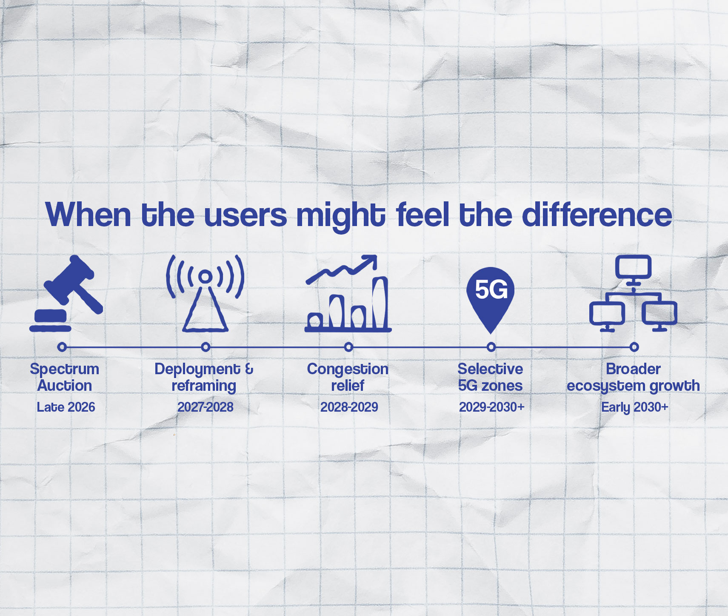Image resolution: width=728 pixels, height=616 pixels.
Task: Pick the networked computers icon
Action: pyautogui.click(x=633, y=294)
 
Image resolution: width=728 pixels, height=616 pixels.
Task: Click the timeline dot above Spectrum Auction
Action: pyautogui.click(x=62, y=347)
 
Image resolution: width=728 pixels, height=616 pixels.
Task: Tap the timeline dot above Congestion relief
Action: pyautogui.click(x=348, y=347)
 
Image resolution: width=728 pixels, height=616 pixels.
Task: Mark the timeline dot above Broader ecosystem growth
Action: pyautogui.click(x=634, y=347)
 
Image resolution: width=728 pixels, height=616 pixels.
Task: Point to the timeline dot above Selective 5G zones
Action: pyautogui.click(x=491, y=347)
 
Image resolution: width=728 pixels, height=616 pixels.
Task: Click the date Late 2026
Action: pyautogui.click(x=66, y=407)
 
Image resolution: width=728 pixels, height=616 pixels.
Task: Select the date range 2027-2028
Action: pyautogui.click(x=205, y=407)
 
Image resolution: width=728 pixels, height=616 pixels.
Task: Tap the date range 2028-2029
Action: pyautogui.click(x=349, y=407)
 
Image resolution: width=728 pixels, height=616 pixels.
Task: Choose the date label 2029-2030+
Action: pyautogui.click(x=491, y=407)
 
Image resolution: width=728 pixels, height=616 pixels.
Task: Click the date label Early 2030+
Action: pyautogui.click(x=634, y=407)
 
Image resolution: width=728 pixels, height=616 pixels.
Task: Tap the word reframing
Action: pyautogui.click(x=204, y=386)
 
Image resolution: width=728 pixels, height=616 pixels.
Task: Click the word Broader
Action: pyautogui.click(x=633, y=369)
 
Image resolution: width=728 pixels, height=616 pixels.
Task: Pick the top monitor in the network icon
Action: pyautogui.click(x=633, y=267)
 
